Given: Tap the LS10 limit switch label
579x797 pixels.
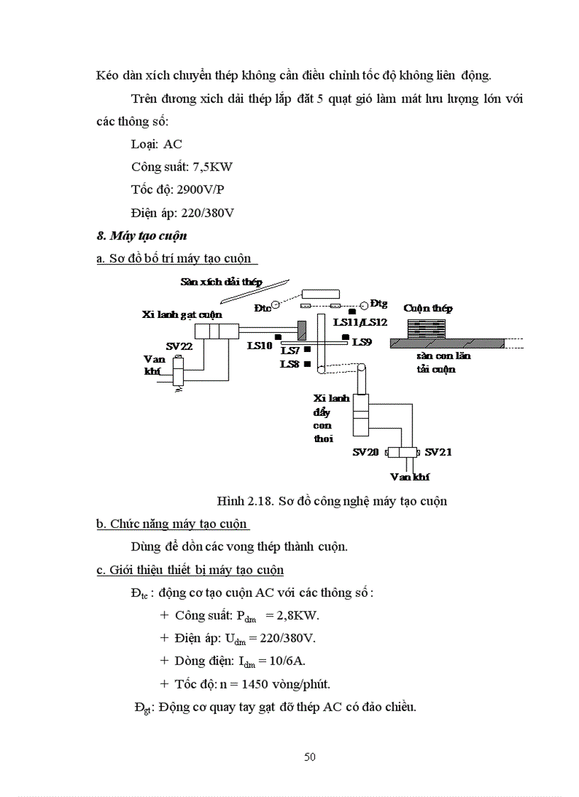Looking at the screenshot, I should coord(259,346).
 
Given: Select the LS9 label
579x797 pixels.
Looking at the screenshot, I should coord(362,341).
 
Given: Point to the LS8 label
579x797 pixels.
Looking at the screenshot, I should coord(289,364).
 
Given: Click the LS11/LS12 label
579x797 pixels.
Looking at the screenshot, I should coord(360,322).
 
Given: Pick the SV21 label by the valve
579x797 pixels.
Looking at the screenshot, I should coord(438,451).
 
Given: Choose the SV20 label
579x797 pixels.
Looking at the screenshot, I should coord(366,451).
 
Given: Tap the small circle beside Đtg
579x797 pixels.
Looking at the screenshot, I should coord(363,305).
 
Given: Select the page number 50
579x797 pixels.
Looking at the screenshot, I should coord(310,757).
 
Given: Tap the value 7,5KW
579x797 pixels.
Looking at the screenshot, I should coord(214,167).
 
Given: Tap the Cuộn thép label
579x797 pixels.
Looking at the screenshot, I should coord(428,308).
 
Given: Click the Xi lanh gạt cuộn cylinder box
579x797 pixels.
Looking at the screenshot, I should coord(216,331).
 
